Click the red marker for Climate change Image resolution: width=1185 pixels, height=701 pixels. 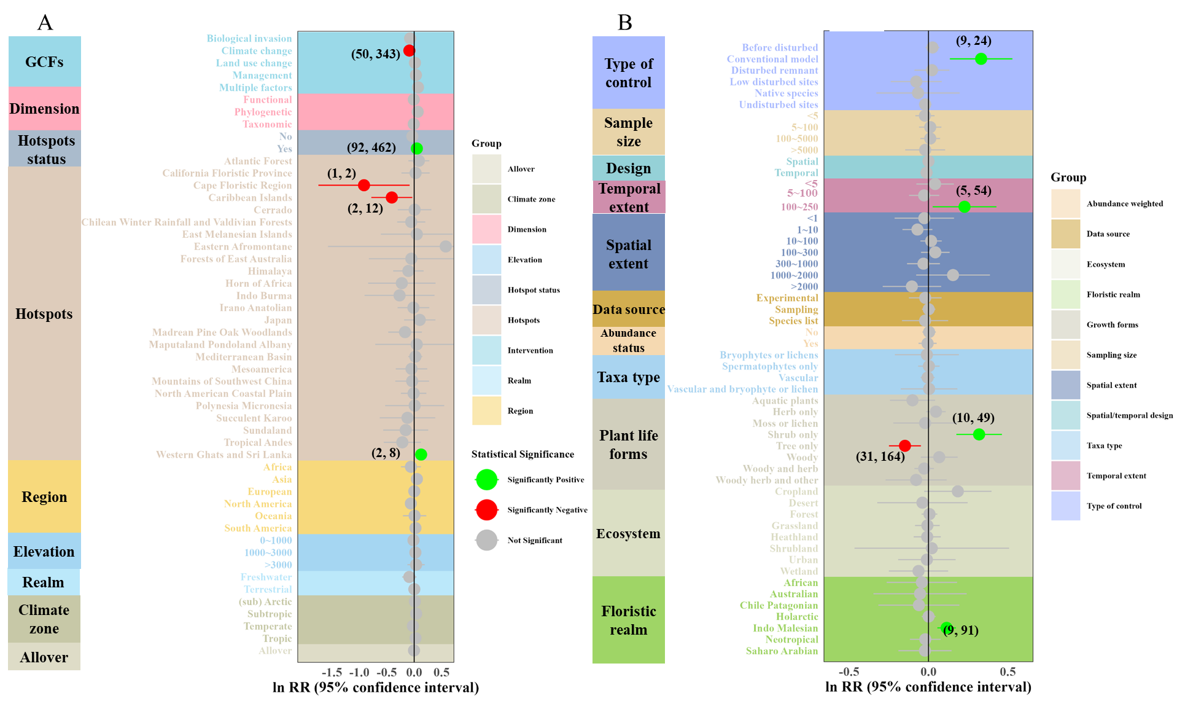pyautogui.click(x=409, y=50)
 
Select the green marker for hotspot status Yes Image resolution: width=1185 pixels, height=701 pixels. pyautogui.click(x=416, y=148)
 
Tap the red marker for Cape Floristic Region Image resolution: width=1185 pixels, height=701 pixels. pyautogui.click(x=363, y=185)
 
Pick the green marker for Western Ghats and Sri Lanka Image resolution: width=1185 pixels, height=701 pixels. pyautogui.click(x=421, y=455)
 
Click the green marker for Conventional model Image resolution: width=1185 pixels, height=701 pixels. pyautogui.click(x=981, y=59)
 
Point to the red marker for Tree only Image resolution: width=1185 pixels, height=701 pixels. pyautogui.click(x=904, y=445)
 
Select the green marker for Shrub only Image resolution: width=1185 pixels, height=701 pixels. pyautogui.click(x=979, y=434)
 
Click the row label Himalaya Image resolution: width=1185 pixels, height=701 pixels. pyautogui.click(x=270, y=271)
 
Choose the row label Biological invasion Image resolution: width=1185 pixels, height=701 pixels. pyautogui.click(x=249, y=39)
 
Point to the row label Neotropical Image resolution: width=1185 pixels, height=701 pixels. pyautogui.click(x=791, y=640)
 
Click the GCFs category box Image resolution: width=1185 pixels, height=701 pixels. pyautogui.click(x=44, y=61)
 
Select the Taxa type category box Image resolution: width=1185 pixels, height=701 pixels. pyautogui.click(x=628, y=377)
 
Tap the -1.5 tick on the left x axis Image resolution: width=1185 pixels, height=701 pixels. pyautogui.click(x=332, y=672)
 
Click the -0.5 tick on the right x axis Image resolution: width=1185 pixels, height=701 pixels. pyautogui.click(x=849, y=672)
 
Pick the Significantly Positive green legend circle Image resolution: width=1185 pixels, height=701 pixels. pyautogui.click(x=486, y=480)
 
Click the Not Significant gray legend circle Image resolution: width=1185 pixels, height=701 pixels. pyautogui.click(x=486, y=541)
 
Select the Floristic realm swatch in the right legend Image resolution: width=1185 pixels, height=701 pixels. pyautogui.click(x=1065, y=294)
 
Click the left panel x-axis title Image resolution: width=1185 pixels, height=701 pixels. pyautogui.click(x=375, y=687)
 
